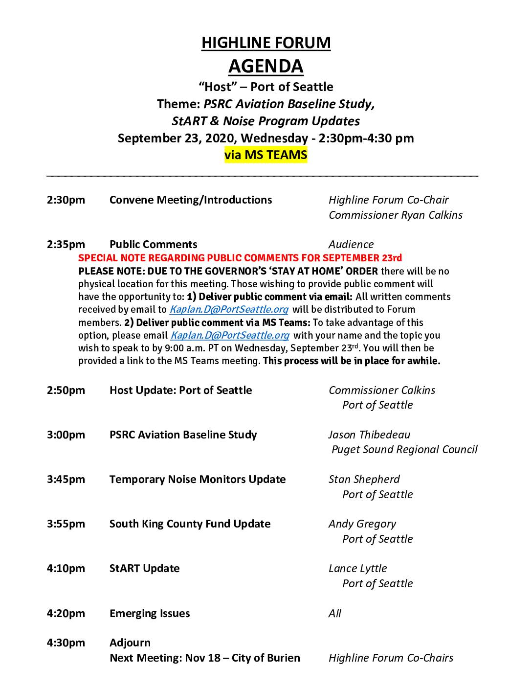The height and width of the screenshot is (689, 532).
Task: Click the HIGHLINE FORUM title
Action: point(266,43)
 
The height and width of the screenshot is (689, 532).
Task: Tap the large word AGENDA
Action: point(266,66)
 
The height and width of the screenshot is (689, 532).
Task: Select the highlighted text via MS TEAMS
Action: point(266,155)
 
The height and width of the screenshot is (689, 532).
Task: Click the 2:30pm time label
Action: point(66,200)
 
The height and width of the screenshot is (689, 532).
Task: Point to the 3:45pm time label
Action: point(66,480)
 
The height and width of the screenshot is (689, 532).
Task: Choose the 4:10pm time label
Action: point(66,569)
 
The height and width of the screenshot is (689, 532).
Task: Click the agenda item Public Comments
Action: point(153,245)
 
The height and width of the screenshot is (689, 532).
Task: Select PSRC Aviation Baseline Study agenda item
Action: point(183,435)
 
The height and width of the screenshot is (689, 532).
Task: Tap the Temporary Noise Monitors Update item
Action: point(198,480)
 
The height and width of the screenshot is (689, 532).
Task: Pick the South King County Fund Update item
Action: point(190,524)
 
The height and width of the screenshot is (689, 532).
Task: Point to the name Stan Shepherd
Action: point(364,480)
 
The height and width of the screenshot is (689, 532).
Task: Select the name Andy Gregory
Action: point(362,524)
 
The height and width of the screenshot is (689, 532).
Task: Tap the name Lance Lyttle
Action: point(357,569)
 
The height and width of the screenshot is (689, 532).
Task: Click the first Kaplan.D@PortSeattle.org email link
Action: point(228,310)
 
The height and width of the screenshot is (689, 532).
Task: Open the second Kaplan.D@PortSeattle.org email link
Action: point(229,336)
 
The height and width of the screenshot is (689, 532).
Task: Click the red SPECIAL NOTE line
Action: point(240,258)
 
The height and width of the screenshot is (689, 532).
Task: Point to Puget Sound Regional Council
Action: point(404,450)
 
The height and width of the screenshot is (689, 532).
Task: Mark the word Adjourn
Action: point(130,643)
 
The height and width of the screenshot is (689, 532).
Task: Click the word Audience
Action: point(351,245)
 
